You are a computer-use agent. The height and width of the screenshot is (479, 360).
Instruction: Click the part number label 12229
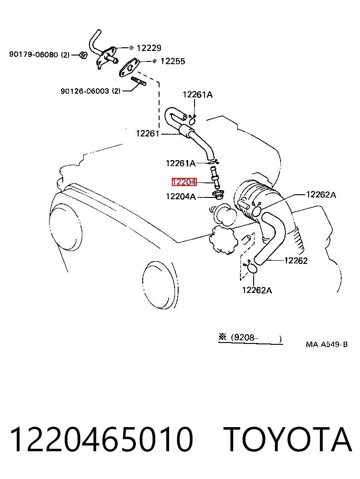pos(149,48)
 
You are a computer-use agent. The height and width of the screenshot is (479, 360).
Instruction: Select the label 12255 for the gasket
pos(173,61)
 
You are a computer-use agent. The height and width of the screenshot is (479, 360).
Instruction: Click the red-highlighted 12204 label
pos(184,182)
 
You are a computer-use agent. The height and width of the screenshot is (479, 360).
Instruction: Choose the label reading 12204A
pos(181,196)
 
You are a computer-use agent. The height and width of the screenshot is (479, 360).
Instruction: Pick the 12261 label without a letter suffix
pos(148,133)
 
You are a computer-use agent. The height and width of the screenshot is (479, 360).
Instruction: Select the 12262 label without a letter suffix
pos(296,261)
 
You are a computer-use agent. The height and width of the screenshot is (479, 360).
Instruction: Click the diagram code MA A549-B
pos(327,345)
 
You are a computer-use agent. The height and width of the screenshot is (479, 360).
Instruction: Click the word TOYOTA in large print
pos(287,440)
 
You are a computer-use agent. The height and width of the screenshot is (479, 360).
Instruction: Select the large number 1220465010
pos(102,440)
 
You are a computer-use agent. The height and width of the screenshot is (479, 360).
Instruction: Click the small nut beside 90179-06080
pos(83,55)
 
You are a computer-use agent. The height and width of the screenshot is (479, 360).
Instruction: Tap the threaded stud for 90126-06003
pos(139,81)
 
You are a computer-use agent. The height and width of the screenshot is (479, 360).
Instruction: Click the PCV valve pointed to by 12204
pos(215,177)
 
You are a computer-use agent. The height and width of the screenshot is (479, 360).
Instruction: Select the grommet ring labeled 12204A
pos(218,194)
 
